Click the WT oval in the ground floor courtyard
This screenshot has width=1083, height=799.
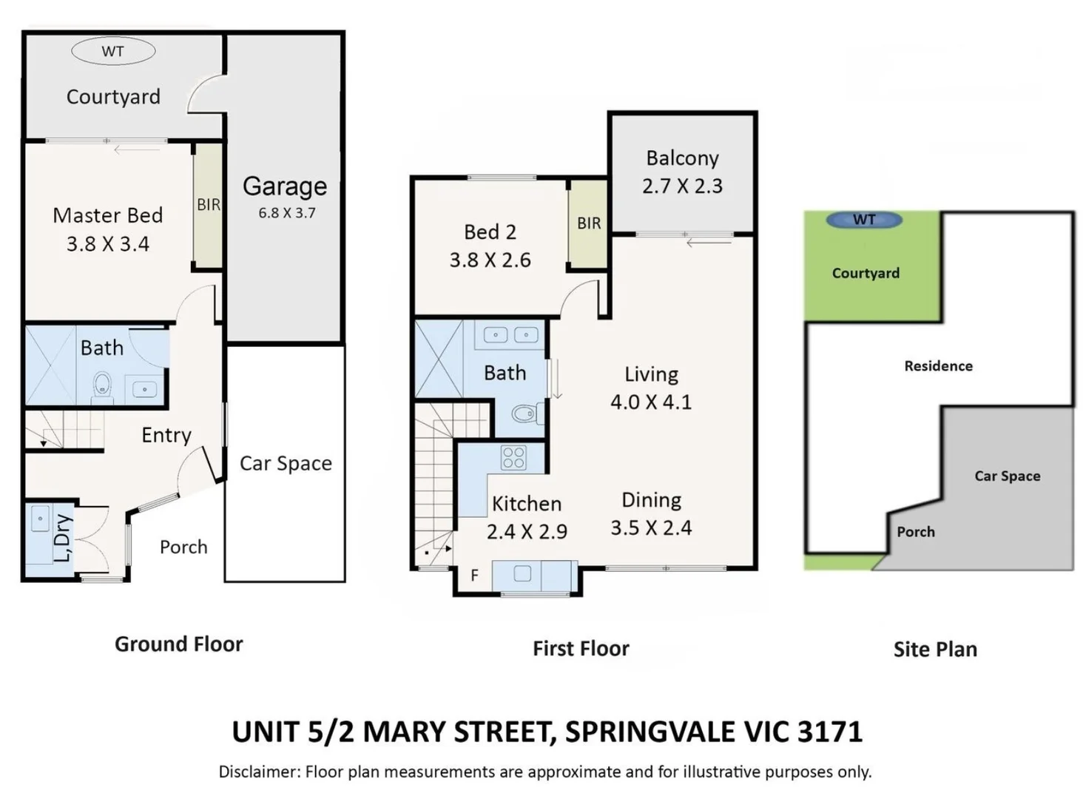pos(113,51)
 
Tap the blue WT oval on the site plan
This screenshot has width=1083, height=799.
pos(864,220)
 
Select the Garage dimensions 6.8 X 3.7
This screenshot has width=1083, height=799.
pos(286,213)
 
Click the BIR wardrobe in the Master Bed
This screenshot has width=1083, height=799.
pos(208,205)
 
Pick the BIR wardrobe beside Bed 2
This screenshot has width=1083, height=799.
pos(588,223)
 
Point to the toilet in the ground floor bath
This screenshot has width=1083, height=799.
pos(102,385)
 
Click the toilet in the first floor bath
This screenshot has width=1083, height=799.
pos(524,414)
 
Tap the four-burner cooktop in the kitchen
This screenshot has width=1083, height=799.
pos(513,458)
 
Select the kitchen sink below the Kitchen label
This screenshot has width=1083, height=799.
pos(522,573)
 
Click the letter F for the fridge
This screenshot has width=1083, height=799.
pos(474,575)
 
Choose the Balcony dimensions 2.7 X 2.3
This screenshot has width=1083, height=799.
pos(682,186)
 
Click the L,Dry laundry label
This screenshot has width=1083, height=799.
pos(63,538)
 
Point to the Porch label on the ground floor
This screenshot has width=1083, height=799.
pos(183,547)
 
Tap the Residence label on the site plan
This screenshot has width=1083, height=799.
pos(938,366)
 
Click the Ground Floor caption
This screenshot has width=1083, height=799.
pos(178,644)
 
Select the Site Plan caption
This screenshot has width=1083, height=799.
pos(935,650)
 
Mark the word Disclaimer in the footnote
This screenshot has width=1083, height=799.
pos(257,772)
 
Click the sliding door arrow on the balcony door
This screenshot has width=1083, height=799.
pos(698,242)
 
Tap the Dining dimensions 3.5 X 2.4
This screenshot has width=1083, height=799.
pos(651,528)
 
